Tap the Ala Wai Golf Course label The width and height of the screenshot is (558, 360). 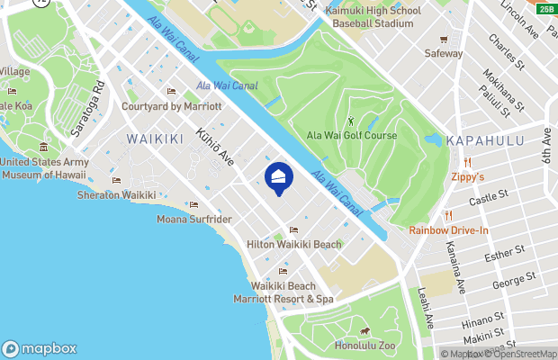pos(352,135)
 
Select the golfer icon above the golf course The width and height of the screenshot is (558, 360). pos(350,121)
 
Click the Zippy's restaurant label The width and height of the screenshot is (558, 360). pos(468,177)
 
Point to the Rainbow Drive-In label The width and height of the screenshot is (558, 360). pos(449,229)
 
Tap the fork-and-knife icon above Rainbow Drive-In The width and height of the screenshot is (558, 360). pos(448,215)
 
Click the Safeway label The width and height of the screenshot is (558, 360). pos(444,53)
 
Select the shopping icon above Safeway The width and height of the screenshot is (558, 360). pos(444,40)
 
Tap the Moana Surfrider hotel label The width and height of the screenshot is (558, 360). pos(193,219)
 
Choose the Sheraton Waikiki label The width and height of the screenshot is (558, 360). pos(116,195)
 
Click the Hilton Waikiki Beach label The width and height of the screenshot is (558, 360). pos(293,244)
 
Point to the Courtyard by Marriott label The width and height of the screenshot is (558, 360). pos(171,105)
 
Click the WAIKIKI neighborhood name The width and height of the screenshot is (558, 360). pos(155,138)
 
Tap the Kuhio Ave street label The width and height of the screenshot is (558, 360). pos(221,144)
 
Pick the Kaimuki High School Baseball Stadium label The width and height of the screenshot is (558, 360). pos(373,15)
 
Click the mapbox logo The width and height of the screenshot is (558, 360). pos(40,348)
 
